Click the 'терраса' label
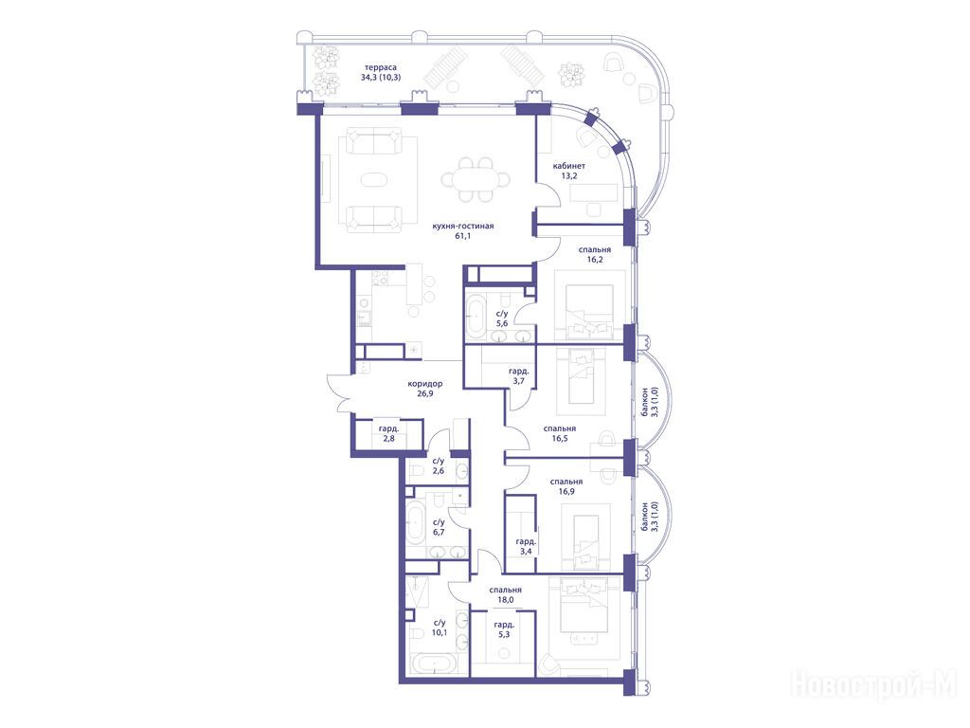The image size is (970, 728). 381,67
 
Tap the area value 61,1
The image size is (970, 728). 462,236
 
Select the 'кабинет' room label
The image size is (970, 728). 569,166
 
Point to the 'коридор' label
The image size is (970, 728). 425,384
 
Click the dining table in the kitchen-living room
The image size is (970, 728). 476,180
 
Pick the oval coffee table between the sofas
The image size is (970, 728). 372,180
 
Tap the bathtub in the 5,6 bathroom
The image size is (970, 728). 476,317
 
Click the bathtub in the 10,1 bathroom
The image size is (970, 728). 436,664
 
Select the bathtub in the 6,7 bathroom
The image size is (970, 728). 415,523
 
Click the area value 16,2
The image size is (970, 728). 595,260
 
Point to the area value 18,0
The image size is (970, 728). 506,600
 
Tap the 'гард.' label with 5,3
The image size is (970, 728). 504,625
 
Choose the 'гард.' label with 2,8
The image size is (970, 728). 388,428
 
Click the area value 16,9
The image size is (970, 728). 566,492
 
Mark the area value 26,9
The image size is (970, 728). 425,393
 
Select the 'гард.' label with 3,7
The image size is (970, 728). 518,372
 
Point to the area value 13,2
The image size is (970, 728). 569,175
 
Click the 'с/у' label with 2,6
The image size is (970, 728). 439,462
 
